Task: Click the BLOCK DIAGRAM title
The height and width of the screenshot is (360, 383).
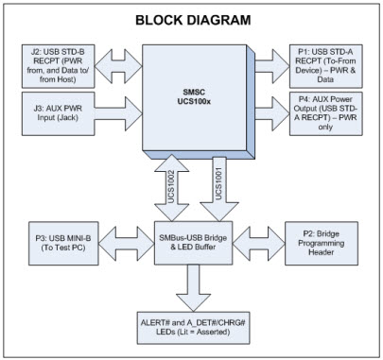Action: tap(193, 20)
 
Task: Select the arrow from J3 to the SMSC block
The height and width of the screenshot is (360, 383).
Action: tap(117, 121)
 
